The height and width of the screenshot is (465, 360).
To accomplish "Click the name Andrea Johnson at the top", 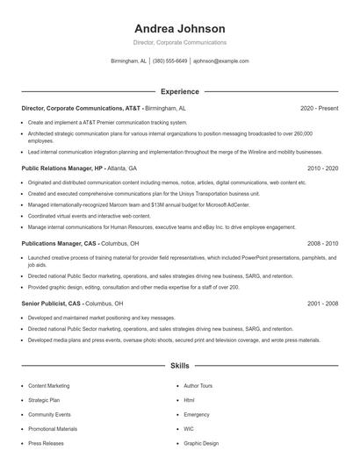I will [x=179, y=28].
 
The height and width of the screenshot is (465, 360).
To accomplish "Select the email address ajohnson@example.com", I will [x=221, y=61].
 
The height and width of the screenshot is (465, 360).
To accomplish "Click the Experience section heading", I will [x=179, y=91].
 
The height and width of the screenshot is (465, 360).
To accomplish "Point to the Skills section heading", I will [x=179, y=364].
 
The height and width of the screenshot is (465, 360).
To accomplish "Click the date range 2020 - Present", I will [x=319, y=108].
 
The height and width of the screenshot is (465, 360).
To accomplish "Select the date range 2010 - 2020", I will [x=322, y=168].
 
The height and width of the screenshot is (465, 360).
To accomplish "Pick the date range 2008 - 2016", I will [x=322, y=243].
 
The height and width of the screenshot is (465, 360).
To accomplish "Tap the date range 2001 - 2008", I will [x=322, y=303].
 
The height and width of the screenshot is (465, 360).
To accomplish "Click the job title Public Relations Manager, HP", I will [x=62, y=168].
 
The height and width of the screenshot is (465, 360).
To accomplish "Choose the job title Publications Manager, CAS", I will [x=59, y=243].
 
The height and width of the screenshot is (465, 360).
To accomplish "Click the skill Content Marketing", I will [x=48, y=385].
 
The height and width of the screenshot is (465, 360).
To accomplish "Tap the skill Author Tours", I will [x=198, y=385].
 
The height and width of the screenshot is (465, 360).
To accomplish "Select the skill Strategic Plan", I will [x=44, y=399].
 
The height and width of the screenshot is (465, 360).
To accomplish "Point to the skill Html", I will [x=189, y=399].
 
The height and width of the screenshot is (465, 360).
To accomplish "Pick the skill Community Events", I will [x=49, y=414].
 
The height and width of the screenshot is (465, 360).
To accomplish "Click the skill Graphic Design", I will [x=201, y=443].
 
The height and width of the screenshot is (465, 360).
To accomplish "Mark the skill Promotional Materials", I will [x=53, y=429].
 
